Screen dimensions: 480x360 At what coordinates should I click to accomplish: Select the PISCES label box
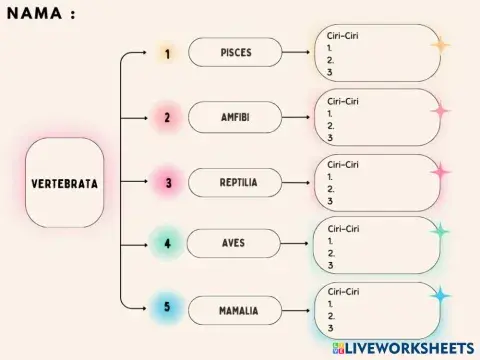click(236, 53)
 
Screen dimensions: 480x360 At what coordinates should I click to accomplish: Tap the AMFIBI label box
click(236, 117)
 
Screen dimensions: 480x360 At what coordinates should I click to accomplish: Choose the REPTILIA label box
click(238, 183)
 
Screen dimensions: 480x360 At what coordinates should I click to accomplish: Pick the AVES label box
click(234, 243)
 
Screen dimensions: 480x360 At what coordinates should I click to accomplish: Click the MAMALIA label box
click(238, 311)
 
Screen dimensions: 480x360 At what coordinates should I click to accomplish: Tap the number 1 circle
click(168, 53)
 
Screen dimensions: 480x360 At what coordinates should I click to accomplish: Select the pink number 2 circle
click(168, 118)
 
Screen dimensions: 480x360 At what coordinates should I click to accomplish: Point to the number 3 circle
click(168, 183)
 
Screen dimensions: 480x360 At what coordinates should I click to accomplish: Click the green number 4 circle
click(168, 243)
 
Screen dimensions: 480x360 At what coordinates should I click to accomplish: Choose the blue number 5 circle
click(168, 307)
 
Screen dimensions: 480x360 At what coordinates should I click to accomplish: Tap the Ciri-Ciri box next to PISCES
click(378, 53)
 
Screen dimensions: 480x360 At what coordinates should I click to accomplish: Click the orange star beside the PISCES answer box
click(440, 45)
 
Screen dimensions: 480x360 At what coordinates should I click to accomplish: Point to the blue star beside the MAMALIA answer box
click(440, 296)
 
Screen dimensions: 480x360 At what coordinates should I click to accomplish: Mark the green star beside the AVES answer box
click(440, 232)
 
